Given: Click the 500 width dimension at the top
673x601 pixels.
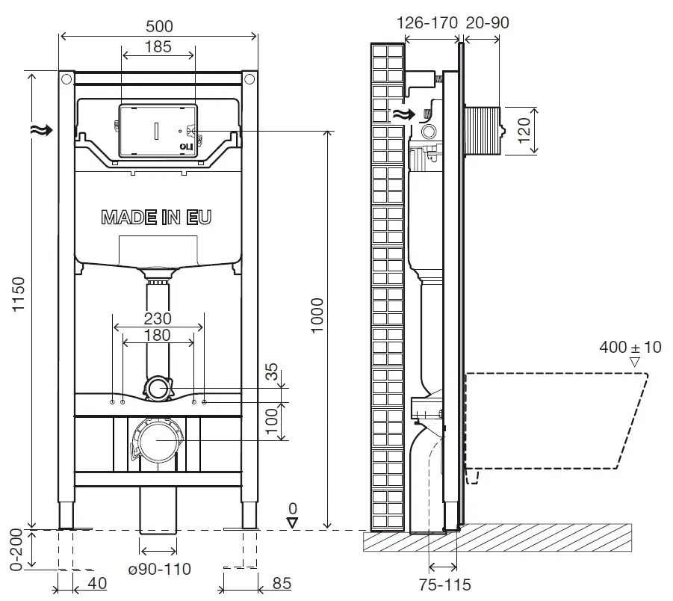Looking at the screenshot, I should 158,26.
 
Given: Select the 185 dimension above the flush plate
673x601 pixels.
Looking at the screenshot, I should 158,46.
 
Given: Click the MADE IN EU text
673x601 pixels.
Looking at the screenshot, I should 156,218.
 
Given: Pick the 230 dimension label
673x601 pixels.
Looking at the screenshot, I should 158,318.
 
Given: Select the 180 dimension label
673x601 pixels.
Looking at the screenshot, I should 158,335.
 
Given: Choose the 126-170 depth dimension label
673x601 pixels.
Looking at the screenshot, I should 426,23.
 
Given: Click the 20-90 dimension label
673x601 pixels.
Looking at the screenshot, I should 487,23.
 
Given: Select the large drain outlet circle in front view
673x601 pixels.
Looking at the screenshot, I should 156,440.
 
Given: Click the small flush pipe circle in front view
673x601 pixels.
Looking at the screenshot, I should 157,387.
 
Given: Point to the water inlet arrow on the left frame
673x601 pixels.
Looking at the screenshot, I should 42,130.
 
